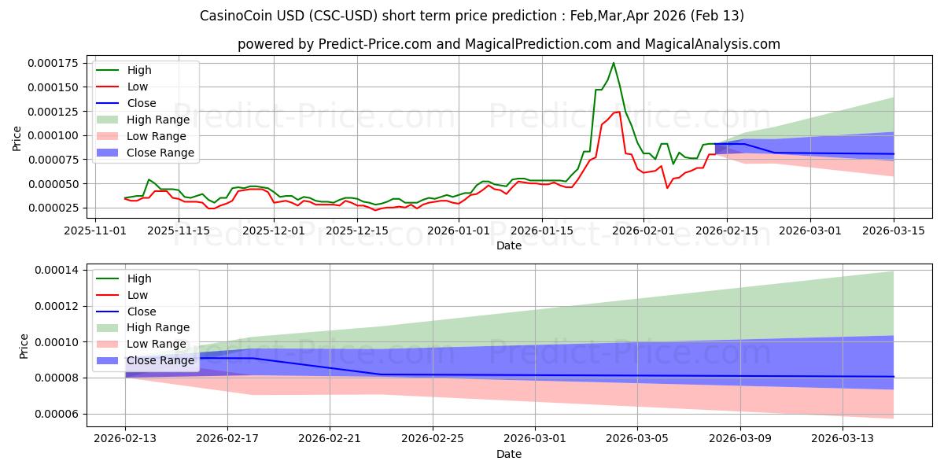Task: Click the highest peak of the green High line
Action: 614,63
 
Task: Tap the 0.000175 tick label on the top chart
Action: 58,63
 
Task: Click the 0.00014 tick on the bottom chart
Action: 61,270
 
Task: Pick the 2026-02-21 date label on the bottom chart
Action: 330,441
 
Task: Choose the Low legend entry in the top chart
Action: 137,87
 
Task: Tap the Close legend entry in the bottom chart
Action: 141,312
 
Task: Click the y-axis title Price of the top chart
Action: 17,138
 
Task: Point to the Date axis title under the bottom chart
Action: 509,455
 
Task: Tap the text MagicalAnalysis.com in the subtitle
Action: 713,44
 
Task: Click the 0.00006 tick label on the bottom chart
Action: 61,414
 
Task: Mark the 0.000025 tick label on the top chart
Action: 58,208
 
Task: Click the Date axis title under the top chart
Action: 509,245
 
